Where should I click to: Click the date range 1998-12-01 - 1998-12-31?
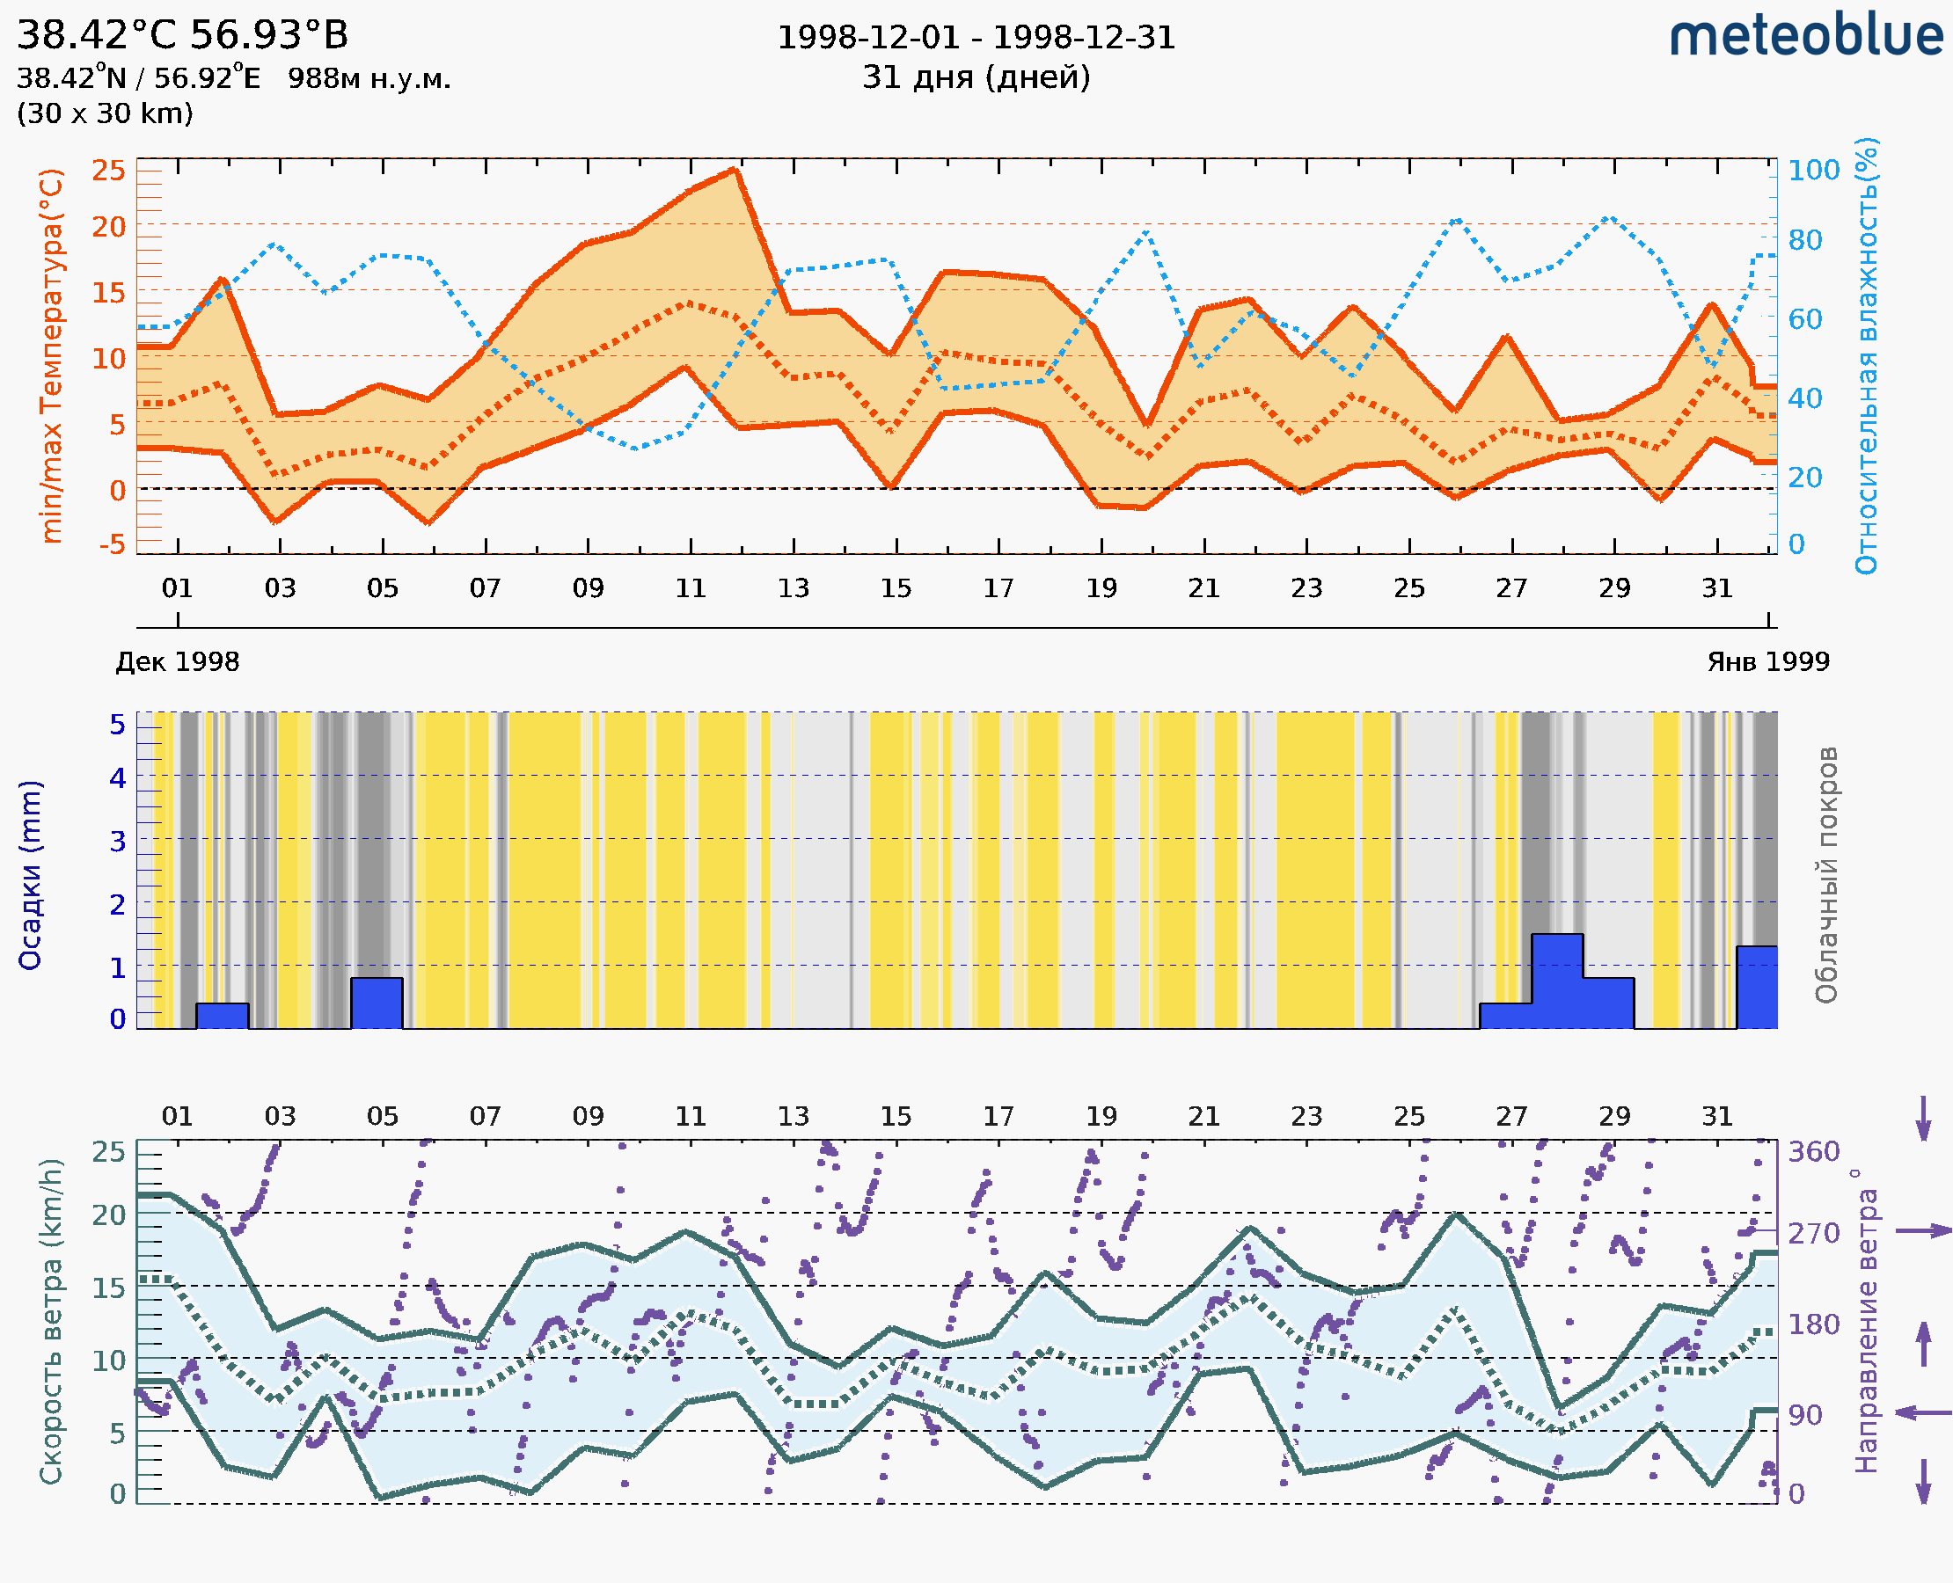[976, 38]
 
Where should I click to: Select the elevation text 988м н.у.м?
[369, 78]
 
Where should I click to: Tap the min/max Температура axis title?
[52, 355]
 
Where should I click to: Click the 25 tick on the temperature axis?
[108, 171]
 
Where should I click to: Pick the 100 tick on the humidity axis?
[1813, 171]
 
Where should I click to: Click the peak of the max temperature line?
[735, 170]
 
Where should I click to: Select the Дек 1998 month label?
[177, 662]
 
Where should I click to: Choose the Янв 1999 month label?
[1768, 662]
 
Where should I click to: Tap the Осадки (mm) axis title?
[30, 875]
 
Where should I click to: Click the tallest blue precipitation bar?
[1556, 981]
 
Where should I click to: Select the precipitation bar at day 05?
[377, 1003]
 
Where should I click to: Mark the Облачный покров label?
[1825, 875]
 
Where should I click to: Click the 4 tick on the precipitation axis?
[118, 777]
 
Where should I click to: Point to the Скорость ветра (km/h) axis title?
[51, 1321]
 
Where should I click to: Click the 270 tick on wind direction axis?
[1813, 1233]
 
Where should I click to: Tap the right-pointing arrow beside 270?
[1923, 1231]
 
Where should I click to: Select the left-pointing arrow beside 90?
[1923, 1412]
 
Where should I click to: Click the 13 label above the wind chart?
[793, 1116]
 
